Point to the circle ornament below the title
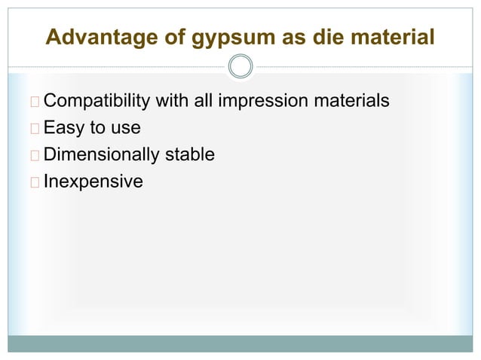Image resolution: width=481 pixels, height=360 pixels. tap(240, 67)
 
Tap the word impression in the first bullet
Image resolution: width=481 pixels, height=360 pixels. tap(260, 100)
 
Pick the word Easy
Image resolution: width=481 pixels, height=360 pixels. tap(64, 128)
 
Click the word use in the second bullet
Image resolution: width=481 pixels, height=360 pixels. tap(125, 128)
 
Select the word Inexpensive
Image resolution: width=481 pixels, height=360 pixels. tap(93, 182)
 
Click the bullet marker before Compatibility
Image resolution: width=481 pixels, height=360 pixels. tap(36, 101)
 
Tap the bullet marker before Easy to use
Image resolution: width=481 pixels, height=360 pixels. tap(36, 128)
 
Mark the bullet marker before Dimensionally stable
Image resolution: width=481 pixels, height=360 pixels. tap(36, 155)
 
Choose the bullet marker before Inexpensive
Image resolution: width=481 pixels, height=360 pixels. tap(36, 182)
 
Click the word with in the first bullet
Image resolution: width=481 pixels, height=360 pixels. tap(171, 100)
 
